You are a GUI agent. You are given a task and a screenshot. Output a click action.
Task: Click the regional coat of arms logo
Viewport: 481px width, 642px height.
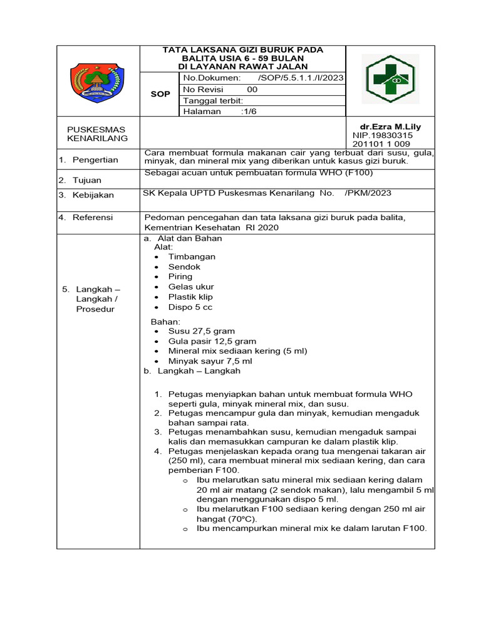(98, 82)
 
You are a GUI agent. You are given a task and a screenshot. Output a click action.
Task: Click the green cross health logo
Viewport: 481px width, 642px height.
(390, 80)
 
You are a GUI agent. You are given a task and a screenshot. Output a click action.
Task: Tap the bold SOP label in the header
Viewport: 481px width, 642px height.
(160, 94)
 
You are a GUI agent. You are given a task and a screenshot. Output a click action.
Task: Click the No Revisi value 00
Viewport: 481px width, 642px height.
(252, 90)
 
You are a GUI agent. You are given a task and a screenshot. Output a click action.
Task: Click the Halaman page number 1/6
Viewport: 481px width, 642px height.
(251, 112)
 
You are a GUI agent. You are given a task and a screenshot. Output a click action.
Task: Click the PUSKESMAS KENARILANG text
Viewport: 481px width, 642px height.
(98, 134)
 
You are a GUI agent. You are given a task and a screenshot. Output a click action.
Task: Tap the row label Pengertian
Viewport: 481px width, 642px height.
(95, 160)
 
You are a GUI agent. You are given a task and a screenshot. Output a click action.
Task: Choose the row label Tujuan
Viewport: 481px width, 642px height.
(87, 180)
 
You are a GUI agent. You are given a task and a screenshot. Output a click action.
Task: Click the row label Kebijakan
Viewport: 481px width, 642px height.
(93, 195)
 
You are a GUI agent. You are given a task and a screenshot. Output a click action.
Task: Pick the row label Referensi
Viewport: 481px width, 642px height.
(93, 218)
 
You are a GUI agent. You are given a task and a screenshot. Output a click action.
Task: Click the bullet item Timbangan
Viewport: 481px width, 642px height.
(192, 256)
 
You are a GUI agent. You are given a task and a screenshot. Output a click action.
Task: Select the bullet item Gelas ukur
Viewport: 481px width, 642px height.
(191, 287)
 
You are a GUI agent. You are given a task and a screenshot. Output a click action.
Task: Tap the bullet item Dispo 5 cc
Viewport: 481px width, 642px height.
(190, 307)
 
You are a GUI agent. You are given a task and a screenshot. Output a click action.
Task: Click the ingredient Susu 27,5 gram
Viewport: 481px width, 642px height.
(202, 331)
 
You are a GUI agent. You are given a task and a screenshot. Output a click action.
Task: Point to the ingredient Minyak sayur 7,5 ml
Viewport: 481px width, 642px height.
(210, 361)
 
